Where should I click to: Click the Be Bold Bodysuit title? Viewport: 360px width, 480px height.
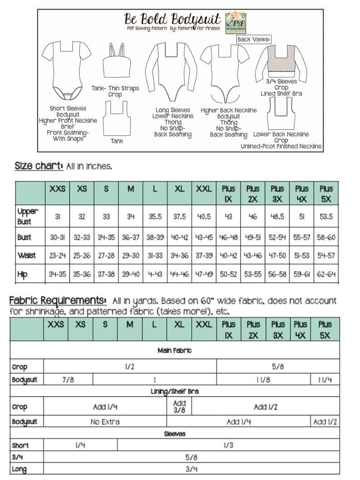pyautogui.click(x=173, y=20)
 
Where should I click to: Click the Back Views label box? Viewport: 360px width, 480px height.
pyautogui.click(x=254, y=39)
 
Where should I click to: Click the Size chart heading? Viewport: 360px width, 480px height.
pyautogui.click(x=39, y=166)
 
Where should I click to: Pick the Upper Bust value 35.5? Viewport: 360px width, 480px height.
pyautogui.click(x=155, y=217)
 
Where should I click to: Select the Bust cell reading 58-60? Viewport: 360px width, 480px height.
pyautogui.click(x=326, y=237)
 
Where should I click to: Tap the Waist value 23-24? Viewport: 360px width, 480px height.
pyautogui.click(x=57, y=256)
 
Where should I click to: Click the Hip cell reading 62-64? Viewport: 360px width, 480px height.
pyautogui.click(x=326, y=274)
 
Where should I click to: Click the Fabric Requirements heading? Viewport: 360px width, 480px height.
pyautogui.click(x=58, y=300)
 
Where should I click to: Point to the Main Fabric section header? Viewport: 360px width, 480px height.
pyautogui.click(x=175, y=350)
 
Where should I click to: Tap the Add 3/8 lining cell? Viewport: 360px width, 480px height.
pyautogui.click(x=180, y=407)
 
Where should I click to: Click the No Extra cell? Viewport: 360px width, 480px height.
pyautogui.click(x=105, y=422)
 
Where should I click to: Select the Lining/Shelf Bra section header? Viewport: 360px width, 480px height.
pyautogui.click(x=175, y=391)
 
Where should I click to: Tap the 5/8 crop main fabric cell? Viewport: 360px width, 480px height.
pyautogui.click(x=278, y=367)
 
